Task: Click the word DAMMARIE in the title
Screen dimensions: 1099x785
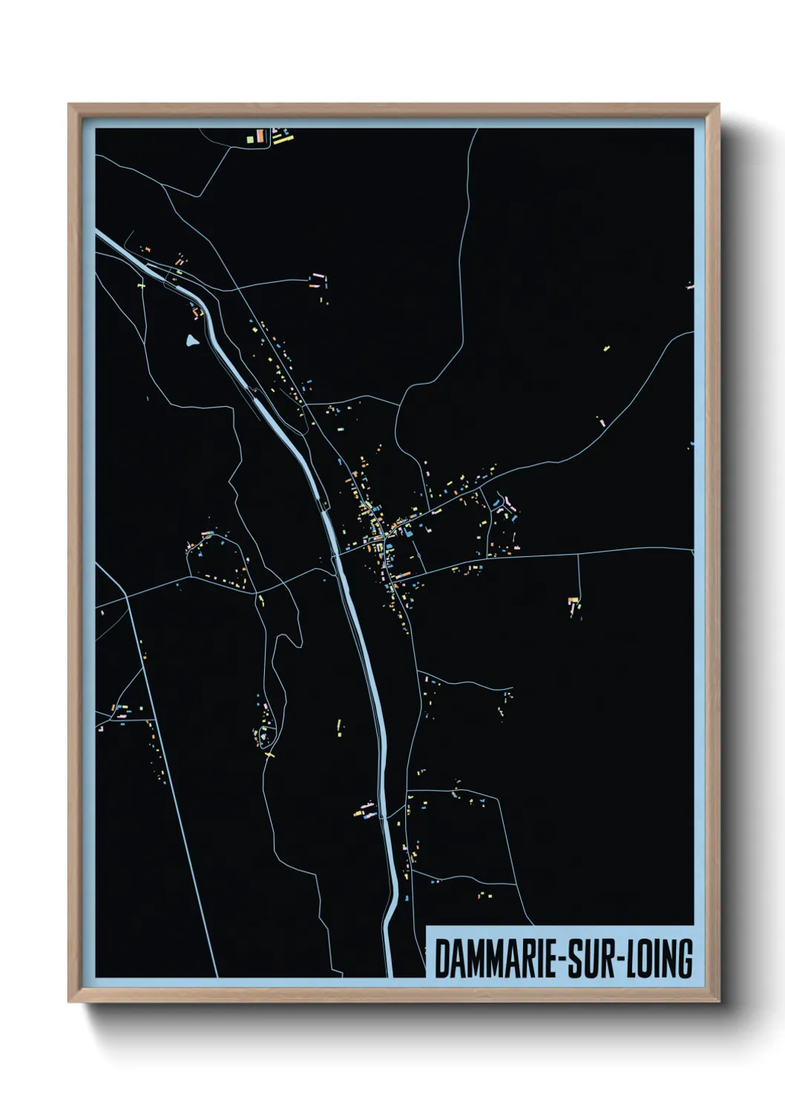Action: pyautogui.click(x=490, y=959)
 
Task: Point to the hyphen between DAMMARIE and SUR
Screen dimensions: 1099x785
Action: pyautogui.click(x=554, y=960)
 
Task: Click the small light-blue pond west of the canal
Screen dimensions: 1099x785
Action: pyautogui.click(x=192, y=341)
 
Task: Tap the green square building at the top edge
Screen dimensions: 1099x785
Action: pyautogui.click(x=250, y=137)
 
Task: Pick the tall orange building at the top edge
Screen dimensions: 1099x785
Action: pyautogui.click(x=260, y=136)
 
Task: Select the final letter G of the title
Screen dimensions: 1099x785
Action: pyautogui.click(x=685, y=959)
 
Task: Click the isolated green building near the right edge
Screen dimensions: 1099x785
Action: pyautogui.click(x=606, y=347)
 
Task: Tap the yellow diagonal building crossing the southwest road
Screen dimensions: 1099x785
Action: pyautogui.click(x=269, y=754)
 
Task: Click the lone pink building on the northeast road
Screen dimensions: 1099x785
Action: pyautogui.click(x=601, y=422)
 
